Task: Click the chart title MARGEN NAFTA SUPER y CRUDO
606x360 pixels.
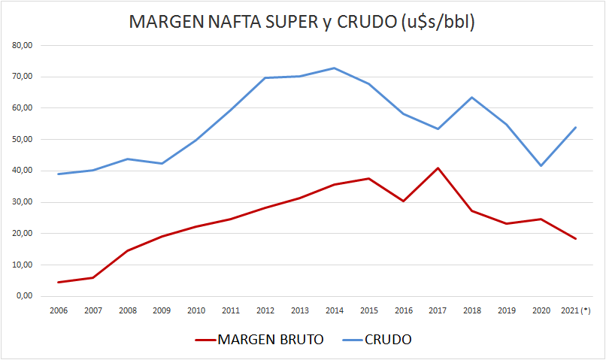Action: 302,22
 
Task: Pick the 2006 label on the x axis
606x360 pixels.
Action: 59,310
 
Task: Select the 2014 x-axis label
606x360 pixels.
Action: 334,310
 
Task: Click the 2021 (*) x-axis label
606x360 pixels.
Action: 575,310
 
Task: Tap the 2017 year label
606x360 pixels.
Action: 438,310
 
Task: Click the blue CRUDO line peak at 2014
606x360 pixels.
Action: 334,68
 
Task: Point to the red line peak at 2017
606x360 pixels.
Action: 438,168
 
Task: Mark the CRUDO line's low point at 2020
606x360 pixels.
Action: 541,165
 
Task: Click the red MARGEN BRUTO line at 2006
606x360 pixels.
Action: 59,283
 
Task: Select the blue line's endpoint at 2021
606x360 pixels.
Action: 575,127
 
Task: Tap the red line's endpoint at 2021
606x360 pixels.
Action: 575,239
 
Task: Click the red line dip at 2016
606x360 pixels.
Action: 403,201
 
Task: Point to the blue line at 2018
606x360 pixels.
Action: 472,97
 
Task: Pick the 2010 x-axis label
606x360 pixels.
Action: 196,310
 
